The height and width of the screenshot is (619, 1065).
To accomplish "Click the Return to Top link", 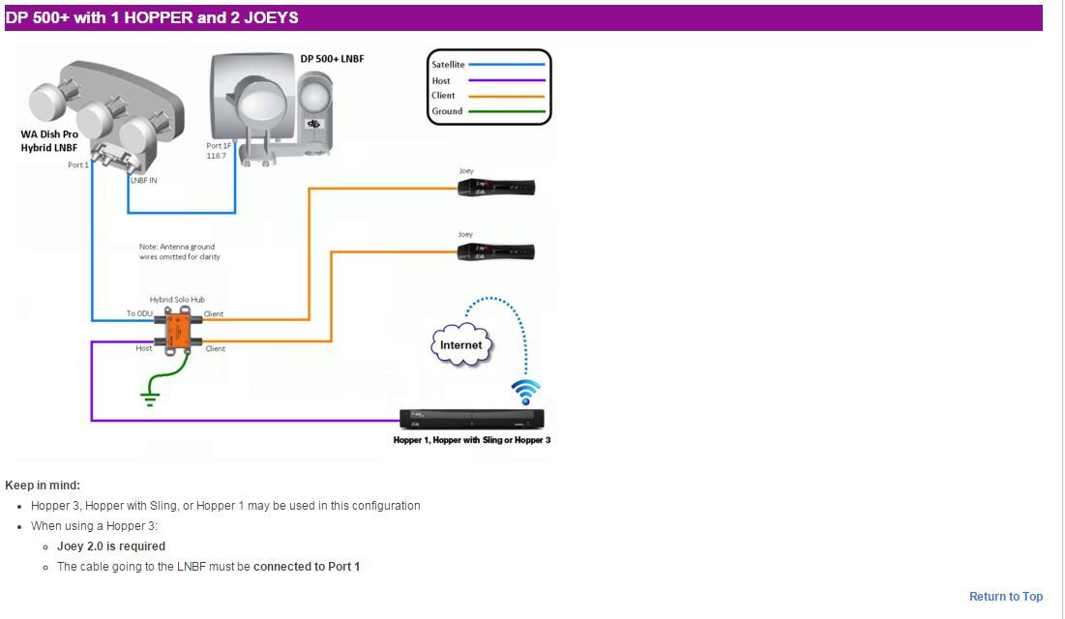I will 1006,597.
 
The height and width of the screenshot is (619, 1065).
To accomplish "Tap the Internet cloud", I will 460,345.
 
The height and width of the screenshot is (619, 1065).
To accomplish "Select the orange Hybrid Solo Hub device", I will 177,329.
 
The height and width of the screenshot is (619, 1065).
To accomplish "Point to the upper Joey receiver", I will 495,188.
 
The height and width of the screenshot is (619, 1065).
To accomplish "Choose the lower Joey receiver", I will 495,251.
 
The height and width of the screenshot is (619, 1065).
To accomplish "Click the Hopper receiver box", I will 472,419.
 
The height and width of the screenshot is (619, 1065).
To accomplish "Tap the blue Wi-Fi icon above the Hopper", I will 525,392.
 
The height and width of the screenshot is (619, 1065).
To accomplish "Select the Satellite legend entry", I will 448,65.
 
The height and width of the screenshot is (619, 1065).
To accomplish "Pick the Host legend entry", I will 441,80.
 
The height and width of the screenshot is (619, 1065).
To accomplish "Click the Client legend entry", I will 443,96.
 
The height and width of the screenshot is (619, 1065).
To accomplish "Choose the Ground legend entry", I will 447,111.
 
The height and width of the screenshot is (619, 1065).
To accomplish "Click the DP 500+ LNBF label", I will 332,59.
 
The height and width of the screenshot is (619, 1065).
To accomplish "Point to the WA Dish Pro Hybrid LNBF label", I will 49,141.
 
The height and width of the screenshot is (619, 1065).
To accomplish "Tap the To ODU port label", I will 139,313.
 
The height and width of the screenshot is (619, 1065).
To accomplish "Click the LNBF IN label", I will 144,180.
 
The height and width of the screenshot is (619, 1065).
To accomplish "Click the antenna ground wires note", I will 179,251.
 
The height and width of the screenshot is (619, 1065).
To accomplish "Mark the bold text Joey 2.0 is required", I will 111,546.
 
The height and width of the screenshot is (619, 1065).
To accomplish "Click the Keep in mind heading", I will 43,486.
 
